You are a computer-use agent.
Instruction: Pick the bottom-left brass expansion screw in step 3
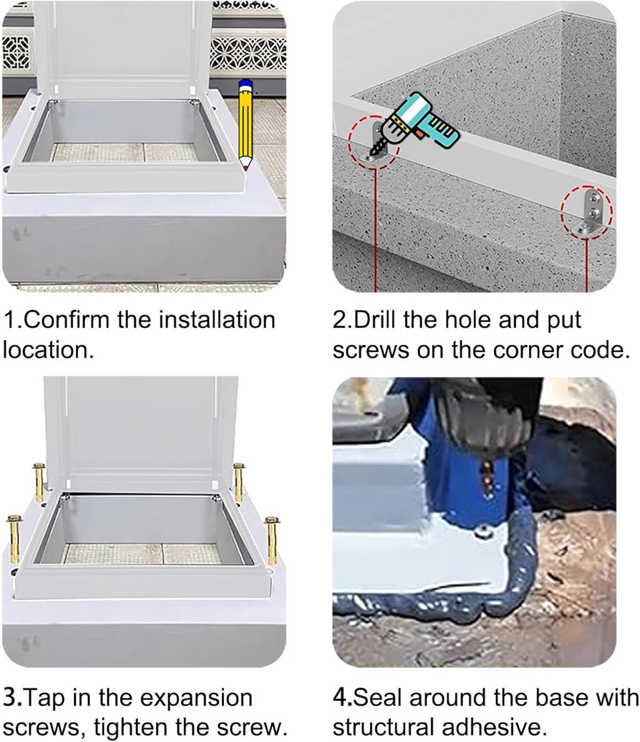[x=14, y=539]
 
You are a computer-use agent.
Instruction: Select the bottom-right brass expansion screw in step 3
[x=271, y=540]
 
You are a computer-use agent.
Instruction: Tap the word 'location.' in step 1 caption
[x=48, y=350]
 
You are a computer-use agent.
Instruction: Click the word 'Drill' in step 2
[x=376, y=320]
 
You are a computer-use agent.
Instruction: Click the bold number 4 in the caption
[x=339, y=698]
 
